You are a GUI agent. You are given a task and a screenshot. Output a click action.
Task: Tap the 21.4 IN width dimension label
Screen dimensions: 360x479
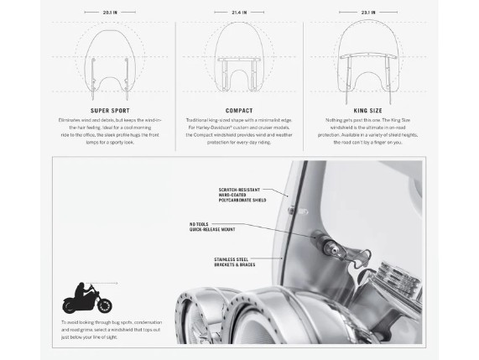(x=239, y=13)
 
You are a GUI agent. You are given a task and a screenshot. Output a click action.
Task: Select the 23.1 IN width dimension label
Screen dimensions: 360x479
(x=367, y=13)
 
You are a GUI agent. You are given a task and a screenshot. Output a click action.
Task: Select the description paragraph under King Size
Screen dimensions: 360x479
(x=367, y=131)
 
